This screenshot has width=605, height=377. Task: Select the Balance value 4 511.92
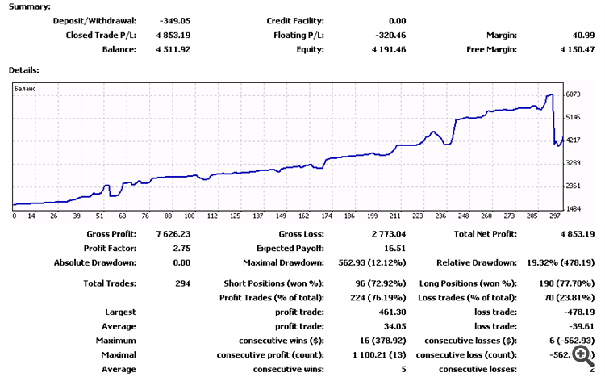184,49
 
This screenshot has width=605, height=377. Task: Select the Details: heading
23,70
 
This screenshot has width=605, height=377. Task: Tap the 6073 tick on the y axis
573,94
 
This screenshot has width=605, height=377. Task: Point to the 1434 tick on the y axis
573,209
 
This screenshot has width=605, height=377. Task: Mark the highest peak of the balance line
550,94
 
